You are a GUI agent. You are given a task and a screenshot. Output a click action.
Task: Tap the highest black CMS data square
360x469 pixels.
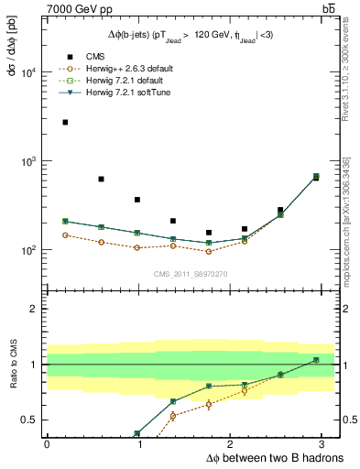coord(65,122)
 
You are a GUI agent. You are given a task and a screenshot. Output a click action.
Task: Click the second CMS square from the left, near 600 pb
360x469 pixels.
coord(101,180)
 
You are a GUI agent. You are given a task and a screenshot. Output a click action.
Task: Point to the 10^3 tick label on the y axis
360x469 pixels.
coord(29,161)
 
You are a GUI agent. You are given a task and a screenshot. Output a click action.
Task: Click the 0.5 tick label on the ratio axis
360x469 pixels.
coord(31,420)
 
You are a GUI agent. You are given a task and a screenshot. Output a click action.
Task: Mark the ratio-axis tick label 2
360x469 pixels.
coord(35,309)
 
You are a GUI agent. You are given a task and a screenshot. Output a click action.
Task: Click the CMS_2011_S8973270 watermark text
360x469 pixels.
coord(191,274)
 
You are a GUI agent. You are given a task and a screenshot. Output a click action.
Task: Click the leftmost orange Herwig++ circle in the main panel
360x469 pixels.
coord(65,235)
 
